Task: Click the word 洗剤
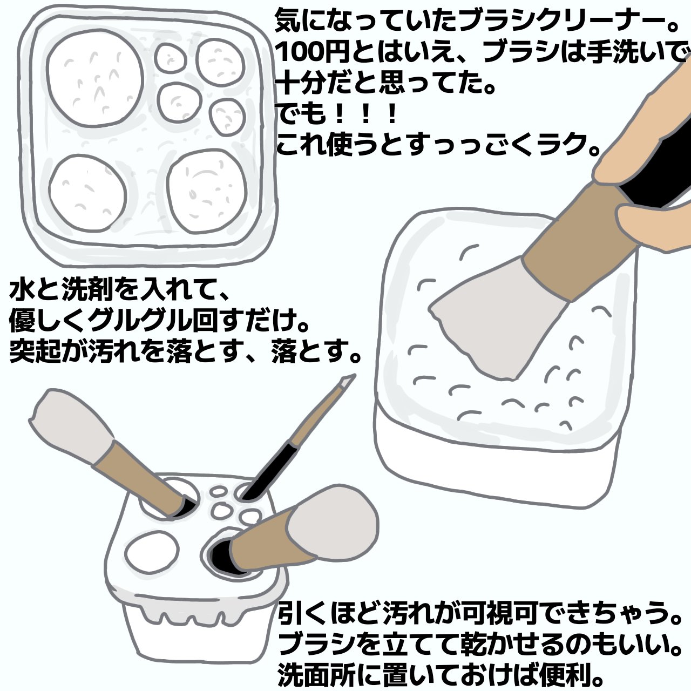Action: [86, 292]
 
